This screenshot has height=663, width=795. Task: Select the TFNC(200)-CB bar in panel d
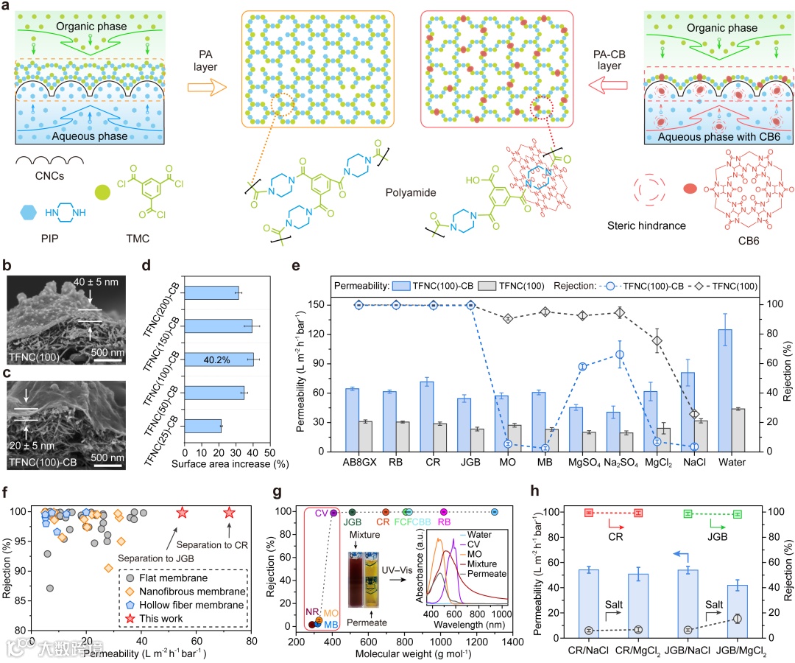coord(211,293)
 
